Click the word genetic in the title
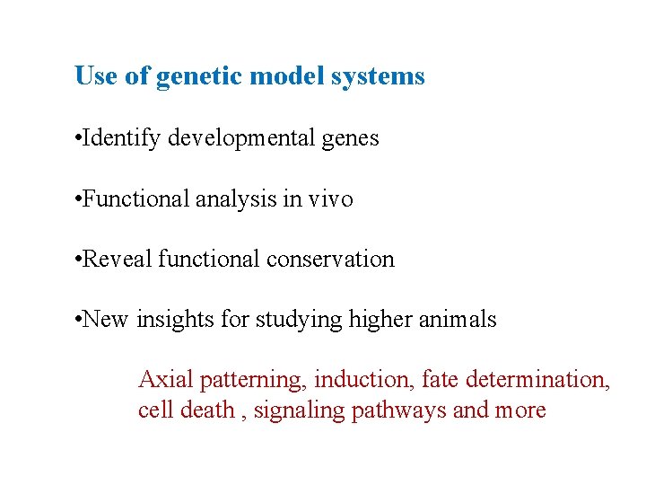click(199, 77)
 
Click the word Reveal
click(117, 259)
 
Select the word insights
click(173, 319)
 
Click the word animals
click(458, 319)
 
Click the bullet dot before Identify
click(80, 139)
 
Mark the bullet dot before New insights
click(80, 320)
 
